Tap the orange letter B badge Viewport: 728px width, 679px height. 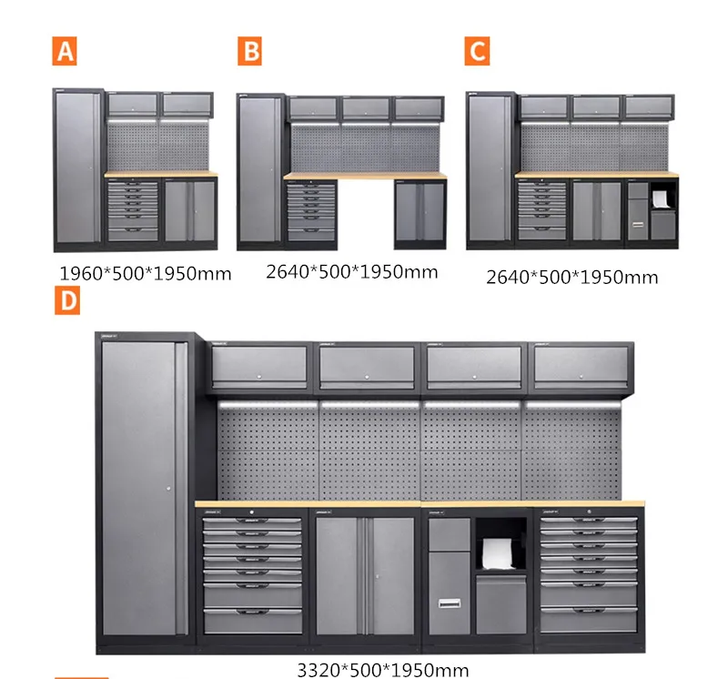pyautogui.click(x=249, y=51)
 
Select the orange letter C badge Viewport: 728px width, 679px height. pyautogui.click(x=477, y=51)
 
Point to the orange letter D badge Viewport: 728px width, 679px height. pyautogui.click(x=66, y=300)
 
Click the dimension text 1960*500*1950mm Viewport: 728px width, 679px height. pyautogui.click(x=145, y=273)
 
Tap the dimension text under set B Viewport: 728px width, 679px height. pyautogui.click(x=352, y=271)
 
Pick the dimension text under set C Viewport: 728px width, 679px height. pyautogui.click(x=571, y=277)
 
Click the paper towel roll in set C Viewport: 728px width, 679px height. pyautogui.click(x=661, y=197)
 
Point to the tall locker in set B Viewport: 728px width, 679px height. pyautogui.click(x=260, y=169)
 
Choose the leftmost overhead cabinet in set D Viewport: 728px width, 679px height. pyautogui.click(x=259, y=367)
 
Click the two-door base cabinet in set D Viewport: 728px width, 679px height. pyautogui.click(x=365, y=575)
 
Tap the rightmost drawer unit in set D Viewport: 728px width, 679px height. pyautogui.click(x=589, y=575)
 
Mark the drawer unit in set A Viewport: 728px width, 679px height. pyautogui.click(x=133, y=210)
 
